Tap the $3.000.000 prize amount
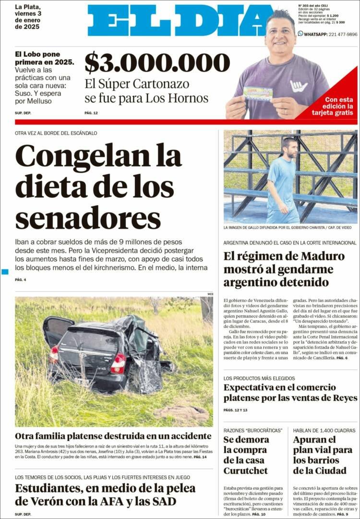pos(157,63)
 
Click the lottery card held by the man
pos(258,93)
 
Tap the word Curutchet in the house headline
pos(246,471)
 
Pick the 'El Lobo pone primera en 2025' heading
pos(44,58)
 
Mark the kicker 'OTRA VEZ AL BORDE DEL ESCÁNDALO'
pos(56,133)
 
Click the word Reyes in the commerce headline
pos(343,398)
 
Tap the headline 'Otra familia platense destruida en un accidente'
pos(113,436)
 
